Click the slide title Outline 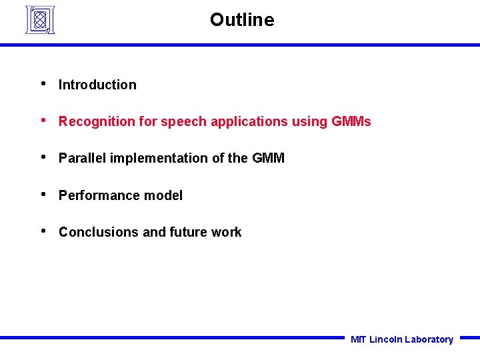pyautogui.click(x=241, y=20)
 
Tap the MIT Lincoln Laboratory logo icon pyautogui.click(x=40, y=19)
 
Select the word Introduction pyautogui.click(x=97, y=85)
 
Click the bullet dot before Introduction pyautogui.click(x=43, y=84)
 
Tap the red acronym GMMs pyautogui.click(x=351, y=121)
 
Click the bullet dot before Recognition pyautogui.click(x=43, y=121)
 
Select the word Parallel pyautogui.click(x=82, y=158)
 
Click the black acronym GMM pyautogui.click(x=268, y=158)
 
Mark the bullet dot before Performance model pyautogui.click(x=43, y=195)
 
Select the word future pyautogui.click(x=189, y=232)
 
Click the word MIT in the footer pyautogui.click(x=358, y=339)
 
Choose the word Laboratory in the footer pyautogui.click(x=429, y=339)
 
